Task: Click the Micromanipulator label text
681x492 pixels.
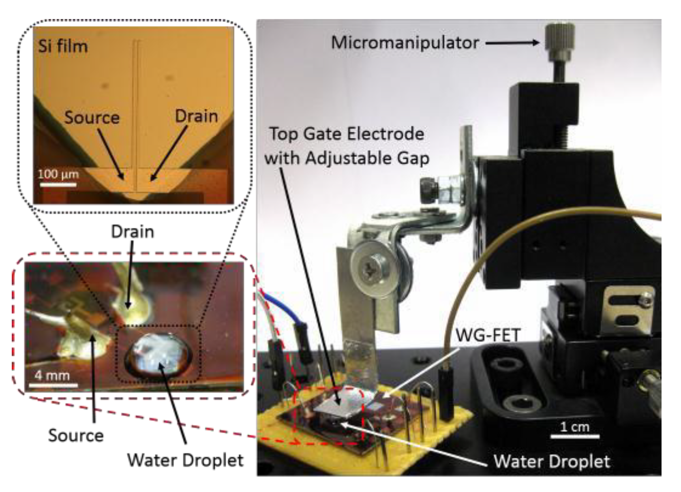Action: (405, 43)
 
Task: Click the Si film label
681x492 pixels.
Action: (63, 47)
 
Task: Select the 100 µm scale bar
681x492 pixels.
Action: (58, 185)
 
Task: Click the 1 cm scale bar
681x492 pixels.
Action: (574, 436)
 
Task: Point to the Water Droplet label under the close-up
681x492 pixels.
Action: (185, 460)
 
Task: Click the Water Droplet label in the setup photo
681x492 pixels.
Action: (552, 462)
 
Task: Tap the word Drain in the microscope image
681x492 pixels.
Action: (196, 116)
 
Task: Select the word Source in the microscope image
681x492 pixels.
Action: (92, 118)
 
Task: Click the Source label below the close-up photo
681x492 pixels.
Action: (76, 435)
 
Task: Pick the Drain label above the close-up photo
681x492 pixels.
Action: (133, 232)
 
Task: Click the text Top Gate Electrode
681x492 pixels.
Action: (347, 134)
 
